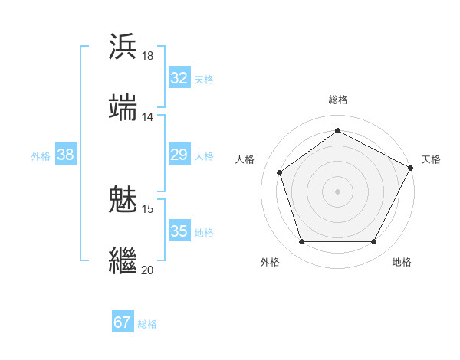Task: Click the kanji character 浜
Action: pos(123,46)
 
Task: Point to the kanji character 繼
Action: pos(123,259)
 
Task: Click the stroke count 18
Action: pos(148,56)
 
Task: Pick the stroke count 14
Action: pos(148,117)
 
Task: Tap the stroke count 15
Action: pos(148,208)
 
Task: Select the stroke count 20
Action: pos(148,270)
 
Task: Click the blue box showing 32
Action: pos(179,78)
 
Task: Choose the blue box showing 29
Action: pos(179,155)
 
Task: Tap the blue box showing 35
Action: pos(179,231)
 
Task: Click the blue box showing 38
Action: pos(66,155)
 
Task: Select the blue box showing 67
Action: pos(123,322)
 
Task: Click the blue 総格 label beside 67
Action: pos(147,324)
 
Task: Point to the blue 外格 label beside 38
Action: pos(41,156)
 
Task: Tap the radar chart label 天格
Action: pos(431,159)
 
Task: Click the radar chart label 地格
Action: pos(402,262)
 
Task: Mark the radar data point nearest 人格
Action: pos(280,172)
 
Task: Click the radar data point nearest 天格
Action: pos(412,168)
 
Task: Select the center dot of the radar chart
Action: pos(337,191)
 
